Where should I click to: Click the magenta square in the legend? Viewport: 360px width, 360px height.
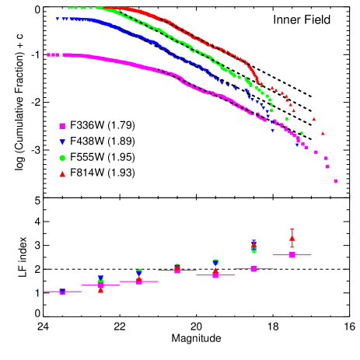pyautogui.click(x=62, y=126)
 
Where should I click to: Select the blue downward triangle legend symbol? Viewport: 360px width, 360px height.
pyautogui.click(x=62, y=142)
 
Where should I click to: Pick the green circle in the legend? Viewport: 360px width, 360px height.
pyautogui.click(x=62, y=158)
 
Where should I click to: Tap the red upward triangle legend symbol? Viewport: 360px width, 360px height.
pyautogui.click(x=62, y=174)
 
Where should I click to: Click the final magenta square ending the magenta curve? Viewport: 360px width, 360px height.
pyautogui.click(x=335, y=180)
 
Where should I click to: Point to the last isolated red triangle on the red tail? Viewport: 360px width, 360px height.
pyautogui.click(x=323, y=133)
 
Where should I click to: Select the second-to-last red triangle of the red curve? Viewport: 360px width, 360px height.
pyautogui.click(x=314, y=119)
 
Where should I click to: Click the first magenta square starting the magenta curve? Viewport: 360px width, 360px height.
pyautogui.click(x=49, y=55)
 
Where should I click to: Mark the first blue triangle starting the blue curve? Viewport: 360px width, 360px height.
pyautogui.click(x=58, y=19)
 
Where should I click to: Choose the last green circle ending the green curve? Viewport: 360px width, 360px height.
pyautogui.click(x=302, y=133)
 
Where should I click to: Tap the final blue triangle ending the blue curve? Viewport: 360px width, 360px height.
pyautogui.click(x=297, y=144)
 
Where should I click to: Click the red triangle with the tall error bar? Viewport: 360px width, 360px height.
pyautogui.click(x=292, y=237)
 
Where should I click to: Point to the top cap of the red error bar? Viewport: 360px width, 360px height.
pyautogui.click(x=292, y=229)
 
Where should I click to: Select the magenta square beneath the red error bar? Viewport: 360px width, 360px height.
pyautogui.click(x=292, y=255)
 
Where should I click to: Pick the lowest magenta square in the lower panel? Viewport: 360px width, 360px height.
pyautogui.click(x=62, y=292)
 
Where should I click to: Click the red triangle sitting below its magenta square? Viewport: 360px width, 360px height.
pyautogui.click(x=100, y=291)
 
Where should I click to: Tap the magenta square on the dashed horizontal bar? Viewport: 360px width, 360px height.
pyautogui.click(x=253, y=269)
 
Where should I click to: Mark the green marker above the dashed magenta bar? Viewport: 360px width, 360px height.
pyautogui.click(x=253, y=250)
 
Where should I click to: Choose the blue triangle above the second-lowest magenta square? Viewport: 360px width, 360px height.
pyautogui.click(x=100, y=278)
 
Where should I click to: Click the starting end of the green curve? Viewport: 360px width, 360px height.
pyautogui.click(x=69, y=8)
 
